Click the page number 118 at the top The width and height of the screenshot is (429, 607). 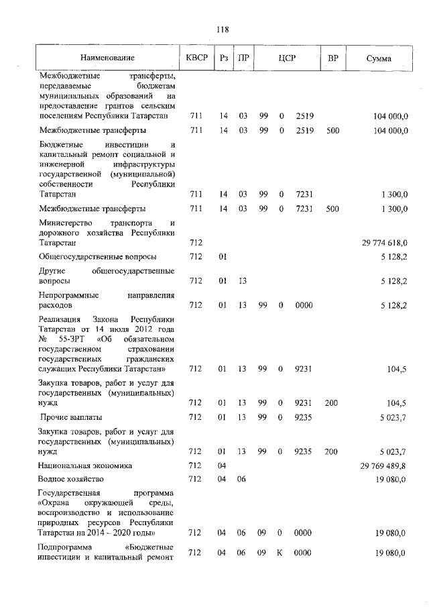click(x=223, y=30)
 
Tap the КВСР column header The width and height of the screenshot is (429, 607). click(x=196, y=58)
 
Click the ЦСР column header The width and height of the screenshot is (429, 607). click(x=287, y=58)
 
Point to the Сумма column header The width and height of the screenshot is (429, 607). click(x=379, y=58)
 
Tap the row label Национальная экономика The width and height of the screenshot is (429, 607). click(x=85, y=465)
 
